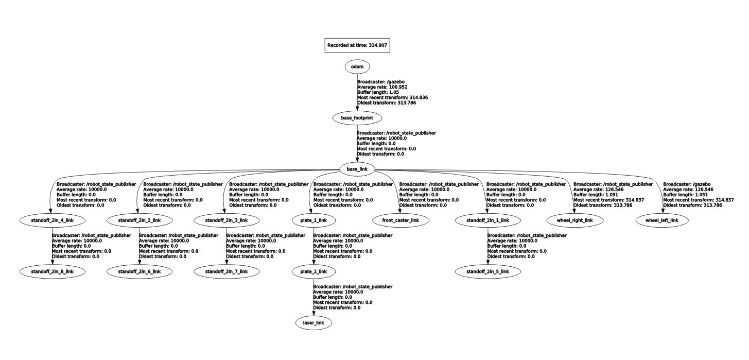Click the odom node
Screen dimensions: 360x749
(357, 66)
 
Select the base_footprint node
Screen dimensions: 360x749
(357, 118)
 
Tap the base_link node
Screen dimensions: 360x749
(357, 169)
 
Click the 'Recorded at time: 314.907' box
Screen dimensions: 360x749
(357, 45)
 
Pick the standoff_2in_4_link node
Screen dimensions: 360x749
(50, 220)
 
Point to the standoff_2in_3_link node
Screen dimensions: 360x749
(227, 220)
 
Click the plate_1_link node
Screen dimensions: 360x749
(313, 220)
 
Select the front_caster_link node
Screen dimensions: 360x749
(400, 220)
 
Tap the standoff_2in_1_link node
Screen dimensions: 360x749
(487, 220)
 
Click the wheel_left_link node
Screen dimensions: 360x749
(661, 220)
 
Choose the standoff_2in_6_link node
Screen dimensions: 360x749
(139, 271)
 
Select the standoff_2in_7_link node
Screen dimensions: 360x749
(227, 271)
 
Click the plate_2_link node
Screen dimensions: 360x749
(313, 271)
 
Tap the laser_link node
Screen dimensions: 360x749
(313, 323)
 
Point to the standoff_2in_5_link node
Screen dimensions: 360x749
(487, 271)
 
